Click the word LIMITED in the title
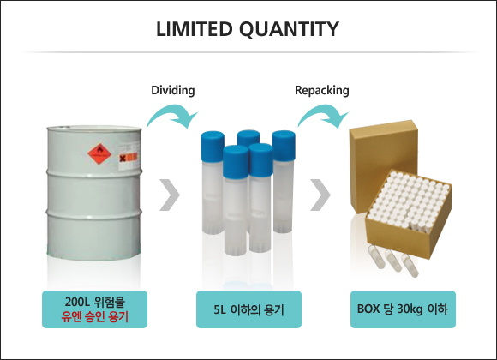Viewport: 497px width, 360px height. coord(195,29)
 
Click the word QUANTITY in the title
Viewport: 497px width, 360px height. coord(289,29)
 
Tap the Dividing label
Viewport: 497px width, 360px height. coord(173,90)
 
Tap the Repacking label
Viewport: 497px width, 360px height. coord(322,90)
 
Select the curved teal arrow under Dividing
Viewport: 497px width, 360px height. coord(173,111)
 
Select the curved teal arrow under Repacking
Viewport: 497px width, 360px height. coord(323,111)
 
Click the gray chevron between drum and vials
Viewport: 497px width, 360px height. coord(170,195)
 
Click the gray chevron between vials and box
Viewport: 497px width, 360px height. coord(320,195)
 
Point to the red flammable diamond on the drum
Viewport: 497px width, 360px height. coord(99,154)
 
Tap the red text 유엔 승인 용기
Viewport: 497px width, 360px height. coord(95,316)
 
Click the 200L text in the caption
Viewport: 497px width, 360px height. coord(78,302)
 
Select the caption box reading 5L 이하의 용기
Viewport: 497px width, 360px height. coord(248,309)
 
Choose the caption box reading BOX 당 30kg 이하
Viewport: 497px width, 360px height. coord(403,309)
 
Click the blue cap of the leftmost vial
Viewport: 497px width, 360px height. coord(213,146)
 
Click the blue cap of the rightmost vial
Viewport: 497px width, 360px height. coord(284,145)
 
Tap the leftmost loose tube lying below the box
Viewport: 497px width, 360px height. coord(376,257)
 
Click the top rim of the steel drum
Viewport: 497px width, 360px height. coord(94,129)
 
